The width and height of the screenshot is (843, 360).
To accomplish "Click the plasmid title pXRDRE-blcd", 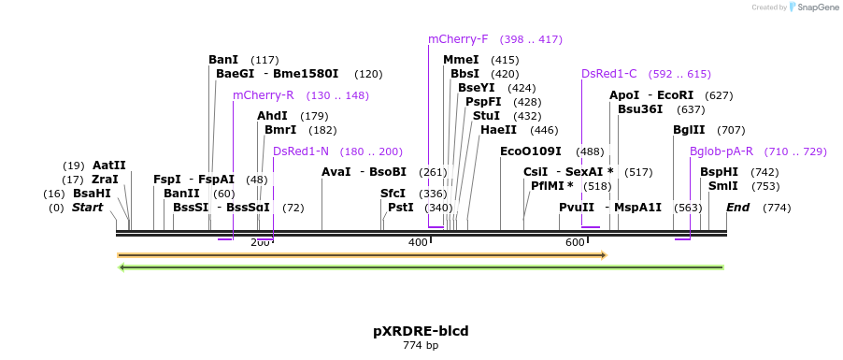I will tap(421, 331).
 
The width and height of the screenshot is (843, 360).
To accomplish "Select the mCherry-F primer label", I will tap(458, 39).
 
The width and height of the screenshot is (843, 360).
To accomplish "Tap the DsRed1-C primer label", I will tap(608, 74).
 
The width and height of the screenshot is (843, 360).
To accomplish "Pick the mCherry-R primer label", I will tap(263, 95).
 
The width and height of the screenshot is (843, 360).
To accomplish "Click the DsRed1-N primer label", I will tap(301, 151).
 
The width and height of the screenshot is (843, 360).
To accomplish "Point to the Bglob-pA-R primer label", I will tap(721, 151).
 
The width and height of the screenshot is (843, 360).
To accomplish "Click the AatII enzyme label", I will tap(108, 166).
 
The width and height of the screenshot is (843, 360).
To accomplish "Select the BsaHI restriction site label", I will tap(92, 194).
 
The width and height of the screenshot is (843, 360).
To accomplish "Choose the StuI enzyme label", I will tap(486, 116).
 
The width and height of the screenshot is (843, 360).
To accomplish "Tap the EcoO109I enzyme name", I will tap(531, 151).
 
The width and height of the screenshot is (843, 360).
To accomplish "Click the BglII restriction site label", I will tap(689, 130).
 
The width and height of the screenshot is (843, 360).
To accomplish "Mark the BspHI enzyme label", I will tap(719, 172).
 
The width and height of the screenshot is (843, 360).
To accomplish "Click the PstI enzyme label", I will tap(400, 208).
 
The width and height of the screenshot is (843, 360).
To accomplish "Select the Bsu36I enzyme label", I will tap(640, 109).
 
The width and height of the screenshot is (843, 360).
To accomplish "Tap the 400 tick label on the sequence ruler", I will tap(418, 243).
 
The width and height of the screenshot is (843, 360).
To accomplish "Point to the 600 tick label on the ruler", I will tap(575, 243).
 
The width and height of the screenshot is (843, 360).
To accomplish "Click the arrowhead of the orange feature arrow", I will tap(604, 254).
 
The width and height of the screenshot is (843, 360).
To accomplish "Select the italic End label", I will tap(737, 208).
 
